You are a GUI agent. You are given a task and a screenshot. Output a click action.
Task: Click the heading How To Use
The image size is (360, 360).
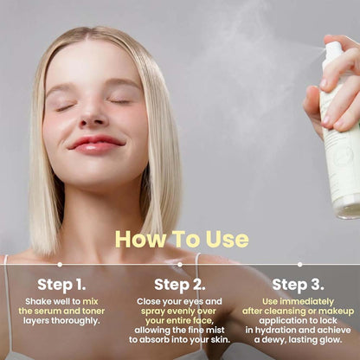(x=181, y=239)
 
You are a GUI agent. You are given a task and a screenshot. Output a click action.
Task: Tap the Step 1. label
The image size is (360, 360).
(x=61, y=284)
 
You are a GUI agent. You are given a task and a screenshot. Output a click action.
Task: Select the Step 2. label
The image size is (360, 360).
(x=179, y=284)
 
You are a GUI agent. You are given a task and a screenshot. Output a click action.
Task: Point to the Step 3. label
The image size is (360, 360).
(x=297, y=284)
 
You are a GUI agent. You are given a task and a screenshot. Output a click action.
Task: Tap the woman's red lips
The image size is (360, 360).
(x=96, y=143)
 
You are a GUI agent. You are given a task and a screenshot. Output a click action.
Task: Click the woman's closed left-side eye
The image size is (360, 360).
(x=65, y=107)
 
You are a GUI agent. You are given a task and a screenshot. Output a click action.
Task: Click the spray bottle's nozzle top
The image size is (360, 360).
(x=333, y=53)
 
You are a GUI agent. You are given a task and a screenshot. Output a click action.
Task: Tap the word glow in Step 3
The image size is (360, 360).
(x=332, y=342)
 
